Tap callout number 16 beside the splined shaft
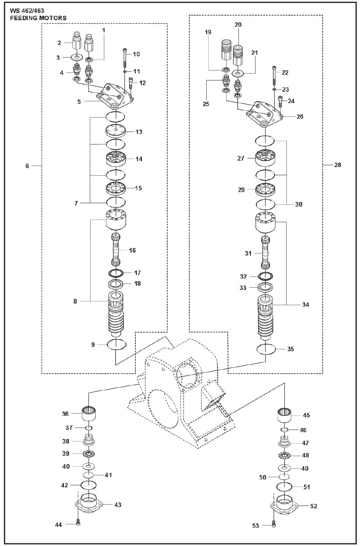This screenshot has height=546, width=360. coord(132,250)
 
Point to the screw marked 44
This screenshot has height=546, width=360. coord(78,523)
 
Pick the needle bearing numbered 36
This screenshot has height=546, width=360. coord(89,413)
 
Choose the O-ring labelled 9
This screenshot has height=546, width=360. coord(116,344)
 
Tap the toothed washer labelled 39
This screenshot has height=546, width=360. coord(89,454)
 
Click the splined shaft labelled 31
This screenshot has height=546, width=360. coord(266,253)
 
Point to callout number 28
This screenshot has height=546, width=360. coord(338,165)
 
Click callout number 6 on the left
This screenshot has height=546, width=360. coord(27,166)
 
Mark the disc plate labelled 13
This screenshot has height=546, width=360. coord(116,132)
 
